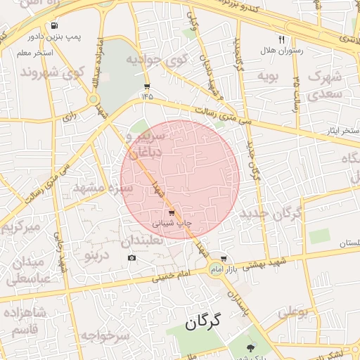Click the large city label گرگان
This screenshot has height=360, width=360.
[202, 323]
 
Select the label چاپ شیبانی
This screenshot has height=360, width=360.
[172, 224]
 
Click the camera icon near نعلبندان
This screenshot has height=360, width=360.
[132, 258]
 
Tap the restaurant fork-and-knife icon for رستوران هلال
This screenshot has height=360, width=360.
[282, 40]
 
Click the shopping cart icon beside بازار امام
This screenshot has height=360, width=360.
[224, 258]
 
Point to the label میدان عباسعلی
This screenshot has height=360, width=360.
[28, 270]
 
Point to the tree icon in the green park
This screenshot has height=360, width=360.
[250, 347]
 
